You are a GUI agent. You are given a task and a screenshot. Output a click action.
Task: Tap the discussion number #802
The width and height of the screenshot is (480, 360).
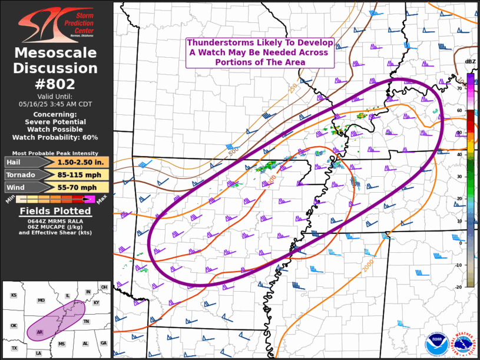point(56,83)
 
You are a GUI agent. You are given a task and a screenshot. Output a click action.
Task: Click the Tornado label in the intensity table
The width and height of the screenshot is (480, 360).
point(20,175)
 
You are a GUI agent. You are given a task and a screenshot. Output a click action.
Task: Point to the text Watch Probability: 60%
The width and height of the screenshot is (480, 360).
point(56,137)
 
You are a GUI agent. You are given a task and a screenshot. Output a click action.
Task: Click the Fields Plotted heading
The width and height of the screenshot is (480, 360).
point(55,211)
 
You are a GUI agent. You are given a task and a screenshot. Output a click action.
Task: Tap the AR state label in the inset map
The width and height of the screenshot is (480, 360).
point(39,332)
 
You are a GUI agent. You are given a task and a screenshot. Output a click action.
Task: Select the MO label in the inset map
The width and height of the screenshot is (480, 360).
point(41,300)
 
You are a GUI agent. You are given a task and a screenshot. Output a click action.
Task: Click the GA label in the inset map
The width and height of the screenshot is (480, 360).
point(104,343)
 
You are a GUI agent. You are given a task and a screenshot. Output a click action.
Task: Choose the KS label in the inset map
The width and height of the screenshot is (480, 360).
point(14,295)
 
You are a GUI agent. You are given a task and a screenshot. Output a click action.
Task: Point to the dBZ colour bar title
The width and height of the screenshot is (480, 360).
point(470,62)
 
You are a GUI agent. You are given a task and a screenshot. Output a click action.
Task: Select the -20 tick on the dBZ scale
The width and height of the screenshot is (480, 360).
point(458,287)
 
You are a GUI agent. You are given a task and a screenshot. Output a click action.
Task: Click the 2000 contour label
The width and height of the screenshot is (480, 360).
point(368,266)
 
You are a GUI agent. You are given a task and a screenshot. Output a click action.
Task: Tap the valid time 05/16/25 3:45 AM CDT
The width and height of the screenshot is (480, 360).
point(56,103)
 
